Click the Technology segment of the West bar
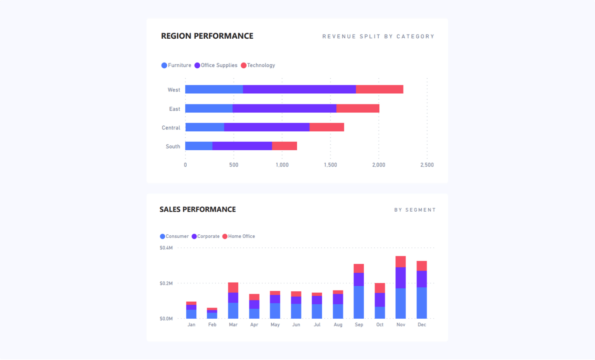pyautogui.click(x=379, y=89)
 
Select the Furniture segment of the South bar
pyautogui.click(x=199, y=146)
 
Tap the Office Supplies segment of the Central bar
pyautogui.click(x=267, y=127)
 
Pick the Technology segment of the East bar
pyautogui.click(x=358, y=108)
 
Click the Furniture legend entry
pyautogui.click(x=176, y=65)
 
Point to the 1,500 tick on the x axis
pyautogui.click(x=330, y=165)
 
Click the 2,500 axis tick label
pyautogui.click(x=427, y=165)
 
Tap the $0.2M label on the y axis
pyautogui.click(x=166, y=283)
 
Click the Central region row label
pyautogui.click(x=171, y=128)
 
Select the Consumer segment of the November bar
pyautogui.click(x=401, y=303)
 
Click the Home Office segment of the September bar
pyautogui.click(x=358, y=268)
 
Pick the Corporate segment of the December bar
pyautogui.click(x=422, y=279)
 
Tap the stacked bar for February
pyautogui.click(x=212, y=314)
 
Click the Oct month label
pyautogui.click(x=380, y=325)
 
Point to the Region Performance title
pyautogui.click(x=207, y=36)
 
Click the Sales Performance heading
pyautogui.click(x=197, y=209)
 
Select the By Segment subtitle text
pyautogui.click(x=415, y=210)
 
